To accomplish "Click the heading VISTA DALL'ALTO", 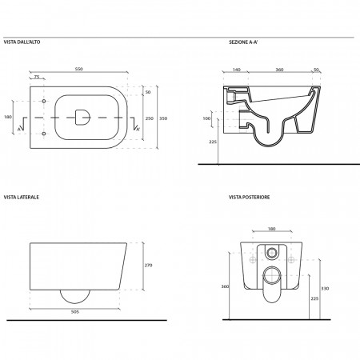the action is pyautogui.click(x=22, y=42).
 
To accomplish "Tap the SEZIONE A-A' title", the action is pyautogui.click(x=243, y=42).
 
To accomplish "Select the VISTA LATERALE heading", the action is pyautogui.click(x=22, y=197).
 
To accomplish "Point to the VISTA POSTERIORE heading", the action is pyautogui.click(x=250, y=197).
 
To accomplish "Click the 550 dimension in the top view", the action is pyautogui.click(x=79, y=69).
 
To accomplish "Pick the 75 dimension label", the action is pyautogui.click(x=37, y=77).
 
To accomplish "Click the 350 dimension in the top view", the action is pyautogui.click(x=163, y=118).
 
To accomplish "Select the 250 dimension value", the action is pyautogui.click(x=150, y=118).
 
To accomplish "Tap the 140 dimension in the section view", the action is pyautogui.click(x=237, y=70).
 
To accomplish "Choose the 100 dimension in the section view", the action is pyautogui.click(x=206, y=118).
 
